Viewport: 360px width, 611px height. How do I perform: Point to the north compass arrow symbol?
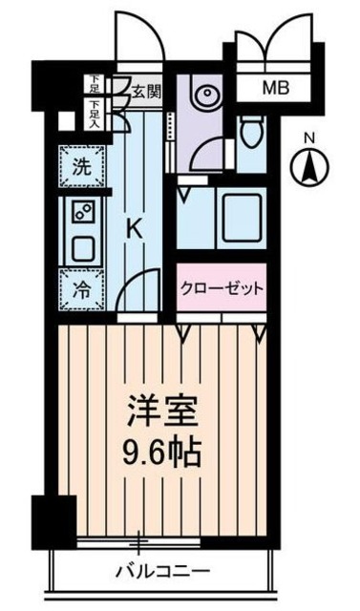click(309, 169)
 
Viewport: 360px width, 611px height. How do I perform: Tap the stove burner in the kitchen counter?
click(81, 213)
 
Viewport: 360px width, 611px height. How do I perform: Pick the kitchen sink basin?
click(81, 248)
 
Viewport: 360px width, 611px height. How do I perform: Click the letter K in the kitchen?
click(136, 228)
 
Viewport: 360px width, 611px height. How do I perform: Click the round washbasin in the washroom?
click(204, 95)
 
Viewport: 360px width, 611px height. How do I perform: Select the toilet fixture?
click(251, 132)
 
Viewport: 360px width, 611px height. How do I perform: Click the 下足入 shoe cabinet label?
click(95, 107)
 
